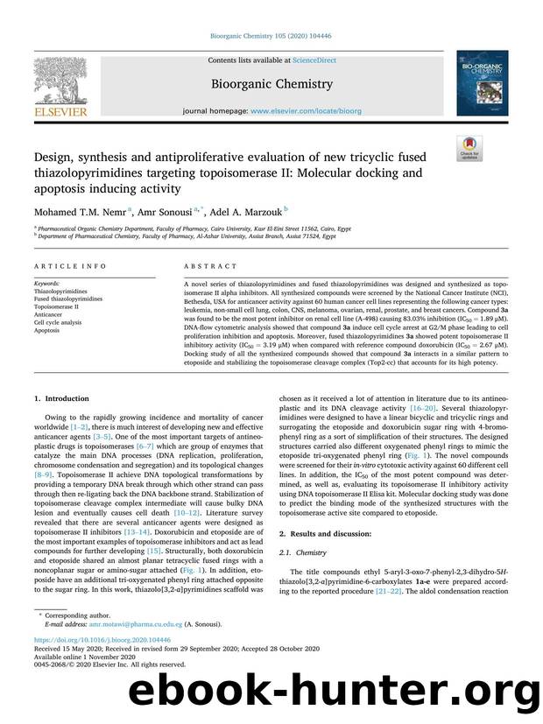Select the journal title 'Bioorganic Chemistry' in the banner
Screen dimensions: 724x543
(271, 84)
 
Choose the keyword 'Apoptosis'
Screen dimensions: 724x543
(47, 331)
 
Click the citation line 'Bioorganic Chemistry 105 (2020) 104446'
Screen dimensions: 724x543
(271, 37)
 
